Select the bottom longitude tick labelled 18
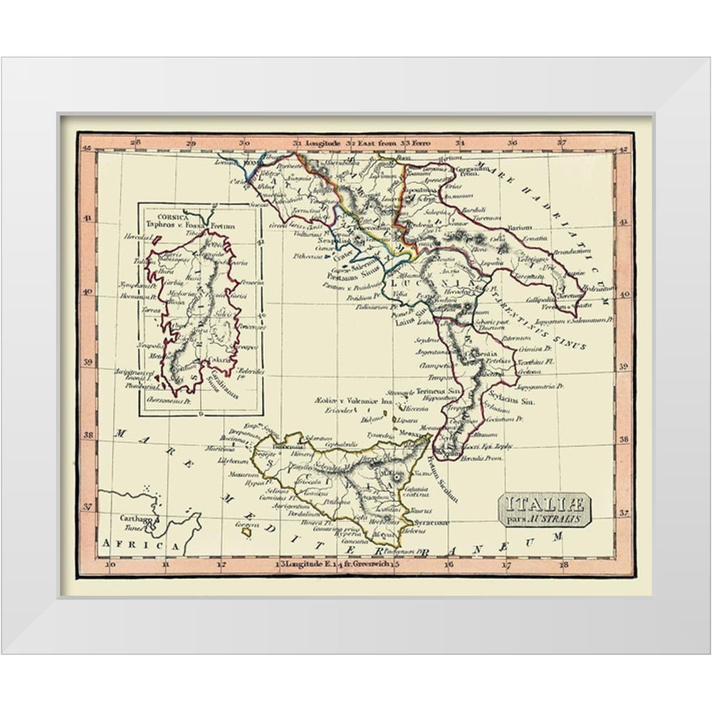pos(565,567)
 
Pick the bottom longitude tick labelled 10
pos(110,567)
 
